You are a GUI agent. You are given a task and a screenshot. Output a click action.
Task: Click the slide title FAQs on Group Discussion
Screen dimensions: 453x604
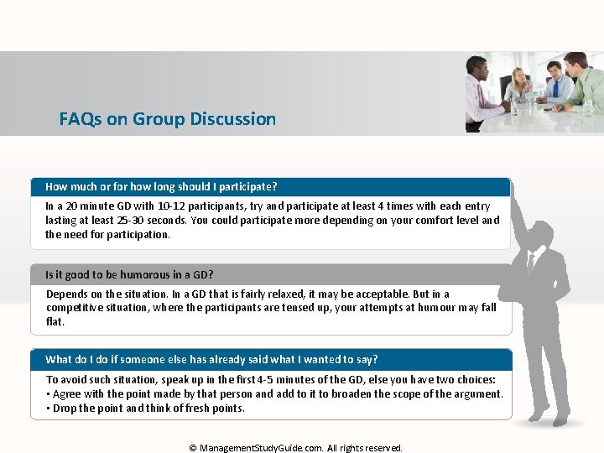point(167,119)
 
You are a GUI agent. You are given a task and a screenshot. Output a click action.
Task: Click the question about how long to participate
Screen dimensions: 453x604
point(161,186)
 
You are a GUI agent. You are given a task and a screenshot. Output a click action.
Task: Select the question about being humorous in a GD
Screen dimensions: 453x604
point(129,274)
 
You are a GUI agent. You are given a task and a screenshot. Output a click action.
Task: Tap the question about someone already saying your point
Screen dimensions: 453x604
point(211,359)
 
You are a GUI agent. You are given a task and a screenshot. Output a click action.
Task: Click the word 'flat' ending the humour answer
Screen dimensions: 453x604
point(55,321)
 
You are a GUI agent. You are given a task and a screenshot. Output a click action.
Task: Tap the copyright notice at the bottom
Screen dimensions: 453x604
point(296,448)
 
